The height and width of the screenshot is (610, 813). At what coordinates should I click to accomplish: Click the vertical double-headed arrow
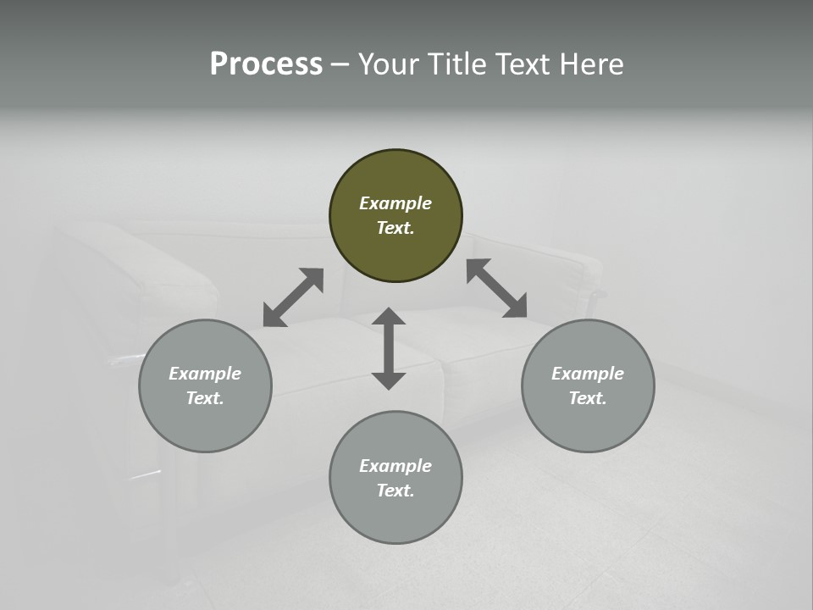[x=389, y=348]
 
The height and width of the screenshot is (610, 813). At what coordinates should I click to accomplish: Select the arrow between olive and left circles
[x=293, y=297]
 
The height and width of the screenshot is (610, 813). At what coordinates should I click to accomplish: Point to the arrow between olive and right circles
[x=496, y=288]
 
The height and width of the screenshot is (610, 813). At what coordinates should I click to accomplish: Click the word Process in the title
[x=266, y=64]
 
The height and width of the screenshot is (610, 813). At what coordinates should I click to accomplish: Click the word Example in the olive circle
[x=395, y=203]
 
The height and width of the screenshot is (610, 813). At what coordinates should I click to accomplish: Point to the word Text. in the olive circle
[x=395, y=228]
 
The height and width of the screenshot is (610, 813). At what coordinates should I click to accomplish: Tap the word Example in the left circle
[x=205, y=374]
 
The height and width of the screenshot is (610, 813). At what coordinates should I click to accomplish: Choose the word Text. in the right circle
[x=588, y=398]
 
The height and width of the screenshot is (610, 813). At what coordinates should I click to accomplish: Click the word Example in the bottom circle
[x=395, y=466]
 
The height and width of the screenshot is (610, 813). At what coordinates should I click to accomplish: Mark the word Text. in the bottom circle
[x=395, y=491]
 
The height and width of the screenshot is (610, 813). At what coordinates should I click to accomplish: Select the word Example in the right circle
[x=588, y=374]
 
